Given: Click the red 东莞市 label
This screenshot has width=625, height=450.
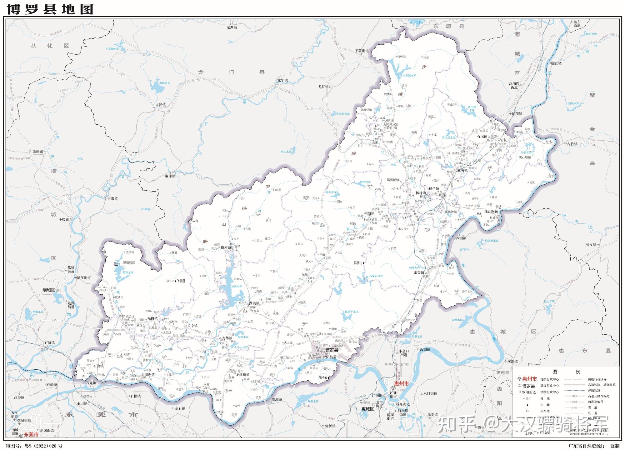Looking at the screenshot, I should tap(31, 435).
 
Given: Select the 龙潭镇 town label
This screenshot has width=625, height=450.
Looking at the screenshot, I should tap(232, 27).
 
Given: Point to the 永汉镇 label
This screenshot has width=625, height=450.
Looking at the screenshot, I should tap(160, 105).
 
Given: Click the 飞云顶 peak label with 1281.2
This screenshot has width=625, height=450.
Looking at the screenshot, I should tap(176, 281).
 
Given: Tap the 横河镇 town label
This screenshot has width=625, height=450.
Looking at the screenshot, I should tap(226, 247).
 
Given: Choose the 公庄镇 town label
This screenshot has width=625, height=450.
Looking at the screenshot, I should tap(392, 128).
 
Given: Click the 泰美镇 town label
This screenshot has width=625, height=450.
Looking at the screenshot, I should tap(419, 272).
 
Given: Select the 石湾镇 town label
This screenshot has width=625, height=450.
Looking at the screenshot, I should tap(98, 366).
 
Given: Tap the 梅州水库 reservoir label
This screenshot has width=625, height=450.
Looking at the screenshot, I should tap(165, 83).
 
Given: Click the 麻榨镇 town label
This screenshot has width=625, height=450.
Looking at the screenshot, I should tap(170, 176).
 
